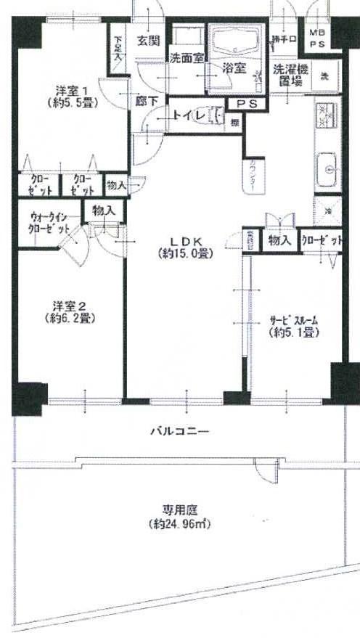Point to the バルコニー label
click(179, 431)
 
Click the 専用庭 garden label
click(181, 509)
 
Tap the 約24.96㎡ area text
click(181, 523)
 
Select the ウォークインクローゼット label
click(50, 221)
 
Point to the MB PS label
click(318, 38)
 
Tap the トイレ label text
click(184, 114)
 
